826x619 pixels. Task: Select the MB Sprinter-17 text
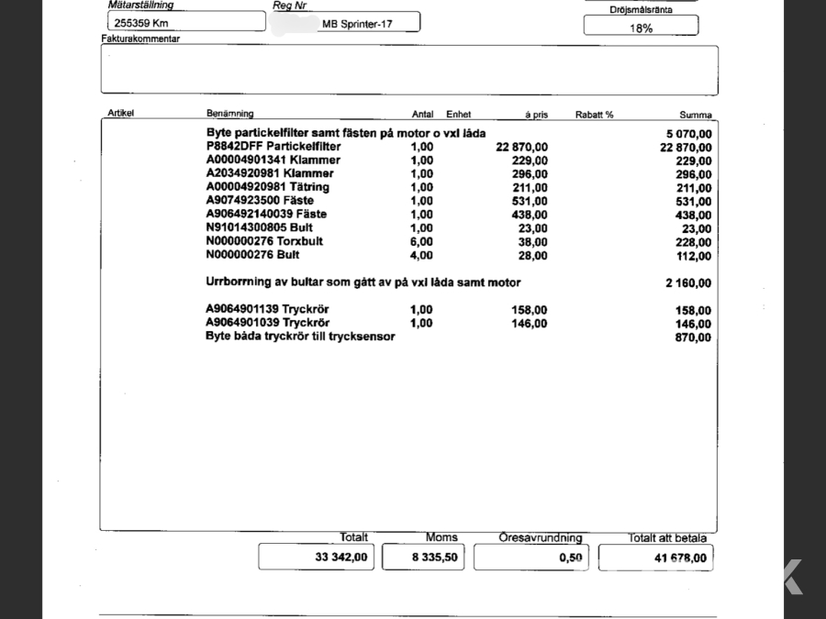(357, 24)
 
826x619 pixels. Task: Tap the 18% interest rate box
(641, 28)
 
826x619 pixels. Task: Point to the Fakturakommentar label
(140, 39)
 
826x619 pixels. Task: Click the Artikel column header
(121, 115)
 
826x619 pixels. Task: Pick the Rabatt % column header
(594, 115)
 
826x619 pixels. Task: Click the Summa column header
(695, 116)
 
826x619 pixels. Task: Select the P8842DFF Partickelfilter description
(273, 147)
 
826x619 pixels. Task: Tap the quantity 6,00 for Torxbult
(421, 242)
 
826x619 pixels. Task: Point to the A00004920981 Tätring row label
(267, 187)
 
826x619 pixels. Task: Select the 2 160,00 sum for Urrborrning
(687, 283)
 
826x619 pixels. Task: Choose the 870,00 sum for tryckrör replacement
(693, 337)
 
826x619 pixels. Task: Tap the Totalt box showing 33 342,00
(316, 557)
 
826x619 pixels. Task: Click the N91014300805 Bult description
(260, 228)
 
